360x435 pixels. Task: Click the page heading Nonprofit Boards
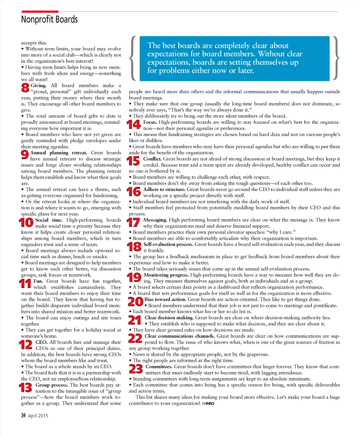49,19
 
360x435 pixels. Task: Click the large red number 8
25,88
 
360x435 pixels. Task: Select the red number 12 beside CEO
26,345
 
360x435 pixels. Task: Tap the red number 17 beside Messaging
134,223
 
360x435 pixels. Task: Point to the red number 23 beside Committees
136,369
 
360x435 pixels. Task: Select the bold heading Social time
49,220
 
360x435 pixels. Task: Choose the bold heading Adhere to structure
164,189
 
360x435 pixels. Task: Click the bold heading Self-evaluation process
168,244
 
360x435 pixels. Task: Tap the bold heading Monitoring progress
166,275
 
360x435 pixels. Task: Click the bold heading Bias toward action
165,299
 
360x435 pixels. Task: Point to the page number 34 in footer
23,415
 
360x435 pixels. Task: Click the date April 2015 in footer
38,416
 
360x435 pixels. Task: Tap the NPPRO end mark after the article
208,404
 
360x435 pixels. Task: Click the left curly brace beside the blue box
133,58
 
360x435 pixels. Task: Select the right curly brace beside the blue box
336,58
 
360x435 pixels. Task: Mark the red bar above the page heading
40,12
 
